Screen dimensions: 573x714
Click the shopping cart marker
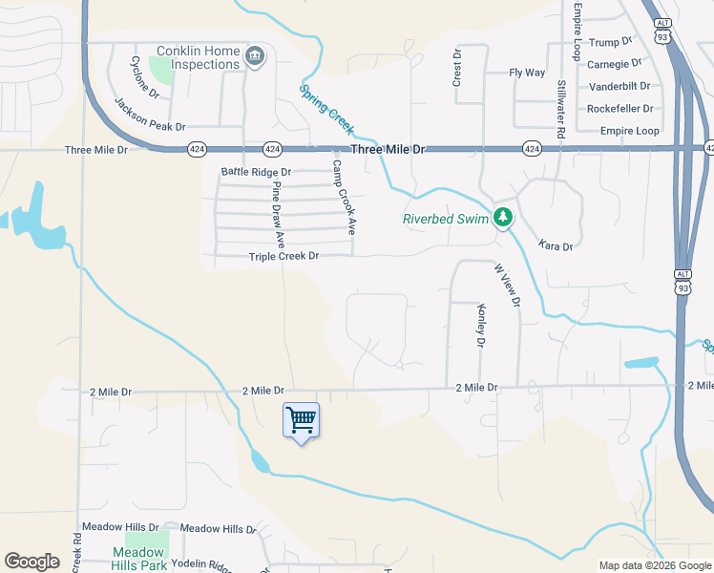(x=301, y=419)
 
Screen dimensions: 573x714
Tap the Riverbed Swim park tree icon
(x=503, y=218)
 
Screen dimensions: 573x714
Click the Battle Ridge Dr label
(x=256, y=172)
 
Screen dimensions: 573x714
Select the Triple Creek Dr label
(x=283, y=256)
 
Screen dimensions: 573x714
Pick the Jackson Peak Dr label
(x=150, y=114)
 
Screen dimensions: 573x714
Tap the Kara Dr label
(x=555, y=246)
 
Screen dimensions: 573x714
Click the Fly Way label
(x=527, y=73)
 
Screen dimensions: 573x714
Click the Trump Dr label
(x=611, y=42)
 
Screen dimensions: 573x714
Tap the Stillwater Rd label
(x=561, y=110)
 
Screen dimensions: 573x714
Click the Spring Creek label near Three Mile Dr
(x=326, y=108)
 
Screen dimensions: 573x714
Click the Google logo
(x=31, y=562)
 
